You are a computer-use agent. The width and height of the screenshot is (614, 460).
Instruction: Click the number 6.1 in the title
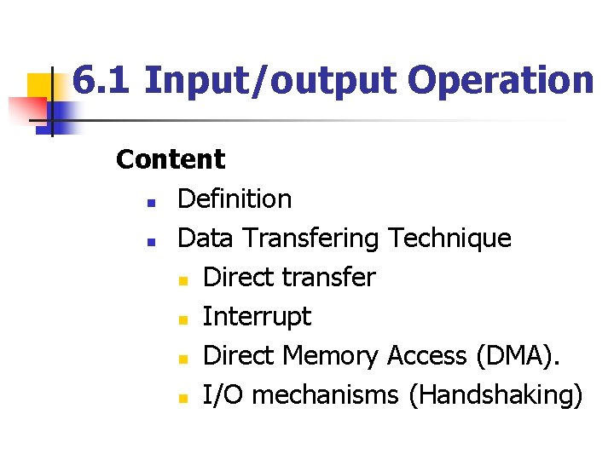(101, 81)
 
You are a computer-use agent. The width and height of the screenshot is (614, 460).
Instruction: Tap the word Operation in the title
(500, 81)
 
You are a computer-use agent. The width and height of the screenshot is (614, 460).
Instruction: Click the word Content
(171, 159)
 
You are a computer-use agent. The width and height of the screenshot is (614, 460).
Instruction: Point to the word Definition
(235, 199)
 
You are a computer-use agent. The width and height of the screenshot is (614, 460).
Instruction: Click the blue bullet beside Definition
(149, 204)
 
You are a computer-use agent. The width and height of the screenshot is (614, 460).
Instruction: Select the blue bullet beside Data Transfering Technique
(149, 243)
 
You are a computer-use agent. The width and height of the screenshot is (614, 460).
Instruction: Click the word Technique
(449, 239)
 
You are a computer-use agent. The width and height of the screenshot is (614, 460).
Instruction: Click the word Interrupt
(257, 318)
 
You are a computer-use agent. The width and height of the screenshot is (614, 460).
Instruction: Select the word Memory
(333, 357)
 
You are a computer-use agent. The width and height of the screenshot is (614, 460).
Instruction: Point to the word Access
(424, 356)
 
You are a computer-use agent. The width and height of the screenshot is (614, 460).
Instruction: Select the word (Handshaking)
(495, 396)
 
